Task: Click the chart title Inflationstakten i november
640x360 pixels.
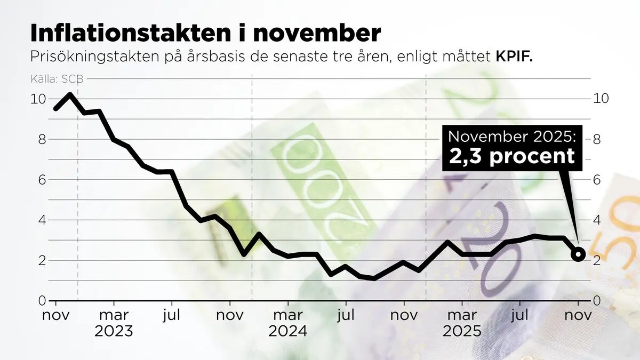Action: (205, 33)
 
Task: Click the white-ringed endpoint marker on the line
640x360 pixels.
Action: (579, 254)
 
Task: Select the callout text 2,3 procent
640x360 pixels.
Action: (512, 156)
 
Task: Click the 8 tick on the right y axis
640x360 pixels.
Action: (597, 139)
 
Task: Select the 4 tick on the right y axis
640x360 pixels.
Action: (597, 220)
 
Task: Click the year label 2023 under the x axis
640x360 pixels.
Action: (114, 331)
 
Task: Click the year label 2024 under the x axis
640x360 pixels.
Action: (287, 331)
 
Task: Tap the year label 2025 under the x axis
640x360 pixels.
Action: (462, 331)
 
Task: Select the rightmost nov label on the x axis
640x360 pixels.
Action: (578, 315)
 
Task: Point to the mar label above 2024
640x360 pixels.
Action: (287, 315)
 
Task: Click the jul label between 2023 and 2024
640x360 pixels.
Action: (172, 315)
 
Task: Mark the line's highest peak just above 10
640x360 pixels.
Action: (70, 94)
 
